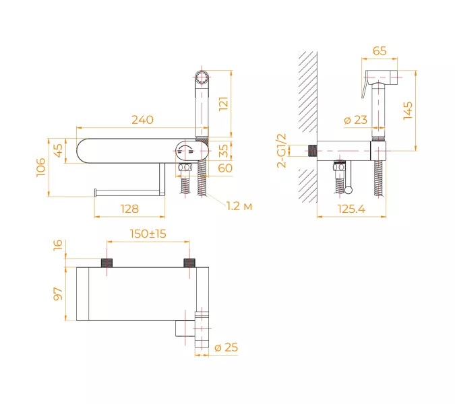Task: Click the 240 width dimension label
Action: (x=142, y=120)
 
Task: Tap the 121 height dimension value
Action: (x=223, y=104)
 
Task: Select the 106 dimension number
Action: (x=41, y=167)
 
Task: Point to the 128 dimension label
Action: (x=129, y=209)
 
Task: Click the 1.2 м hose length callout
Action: (x=239, y=206)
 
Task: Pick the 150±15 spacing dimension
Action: (x=148, y=234)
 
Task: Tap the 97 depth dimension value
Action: (x=58, y=294)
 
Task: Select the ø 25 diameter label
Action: (x=226, y=347)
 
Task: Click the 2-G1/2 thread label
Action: (x=282, y=151)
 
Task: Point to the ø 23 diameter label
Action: (x=355, y=120)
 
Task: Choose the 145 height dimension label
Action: (x=408, y=110)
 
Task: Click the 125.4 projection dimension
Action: (x=351, y=209)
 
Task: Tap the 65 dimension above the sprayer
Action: (x=380, y=50)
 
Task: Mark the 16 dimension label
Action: (x=58, y=245)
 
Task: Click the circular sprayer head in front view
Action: (x=202, y=77)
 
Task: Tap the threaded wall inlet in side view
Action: (x=312, y=151)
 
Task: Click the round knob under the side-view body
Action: (x=348, y=190)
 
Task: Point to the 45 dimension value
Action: (x=58, y=151)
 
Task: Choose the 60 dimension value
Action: (x=225, y=168)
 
